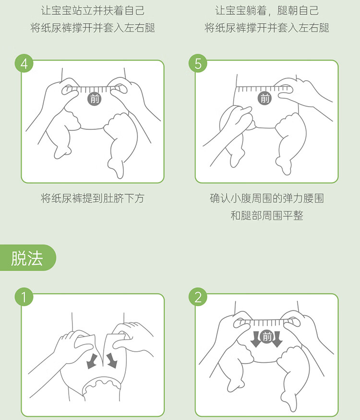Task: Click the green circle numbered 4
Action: [24, 63]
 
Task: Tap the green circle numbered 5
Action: [198, 63]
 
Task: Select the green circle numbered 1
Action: [24, 297]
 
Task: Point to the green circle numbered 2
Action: [198, 297]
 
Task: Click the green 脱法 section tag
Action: [27, 258]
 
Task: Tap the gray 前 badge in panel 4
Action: [95, 99]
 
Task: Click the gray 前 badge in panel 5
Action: [264, 98]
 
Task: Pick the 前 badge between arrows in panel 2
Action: [266, 337]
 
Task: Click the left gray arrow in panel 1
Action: [92, 361]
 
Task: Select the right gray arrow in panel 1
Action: [112, 360]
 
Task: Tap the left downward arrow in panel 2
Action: [256, 339]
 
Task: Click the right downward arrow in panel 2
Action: [277, 339]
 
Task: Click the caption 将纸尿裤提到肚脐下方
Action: [92, 198]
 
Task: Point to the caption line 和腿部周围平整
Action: [267, 215]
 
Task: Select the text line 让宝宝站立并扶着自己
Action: [92, 11]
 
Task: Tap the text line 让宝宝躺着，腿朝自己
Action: [267, 11]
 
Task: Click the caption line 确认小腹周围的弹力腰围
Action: [267, 198]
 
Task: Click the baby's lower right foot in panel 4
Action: [116, 168]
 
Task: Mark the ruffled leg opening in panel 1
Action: [101, 384]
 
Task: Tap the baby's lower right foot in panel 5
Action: [284, 165]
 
